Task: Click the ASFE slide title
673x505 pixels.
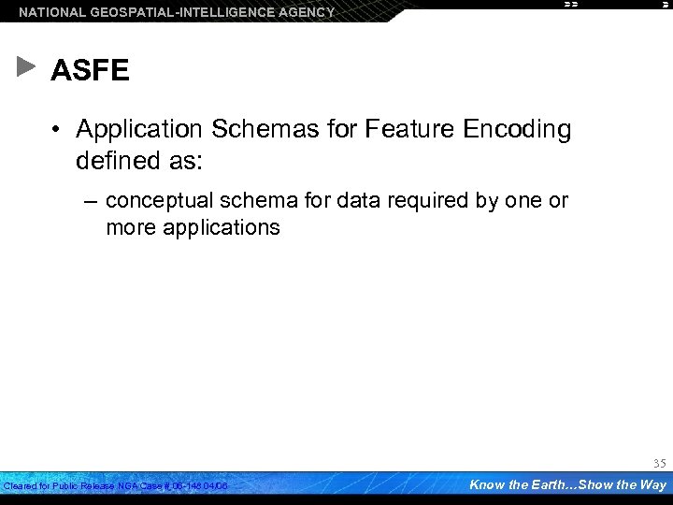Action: tap(90, 71)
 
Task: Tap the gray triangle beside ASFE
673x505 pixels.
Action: tap(26, 67)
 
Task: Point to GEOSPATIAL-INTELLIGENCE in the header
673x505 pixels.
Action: tap(175, 12)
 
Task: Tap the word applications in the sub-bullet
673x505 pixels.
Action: tap(221, 227)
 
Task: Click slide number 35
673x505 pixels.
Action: tap(658, 462)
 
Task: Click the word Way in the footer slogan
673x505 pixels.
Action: tap(652, 484)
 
